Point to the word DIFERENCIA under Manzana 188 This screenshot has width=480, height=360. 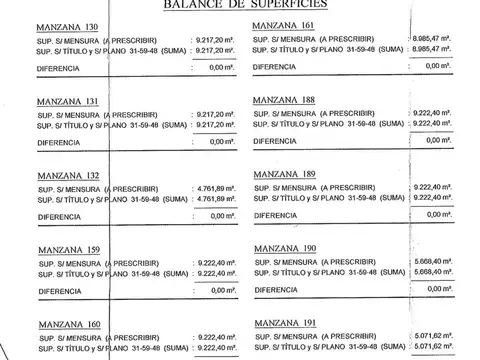(x=279, y=141)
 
